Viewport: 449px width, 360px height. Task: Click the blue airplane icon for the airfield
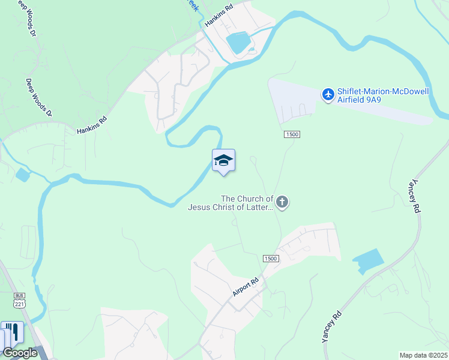[328, 95]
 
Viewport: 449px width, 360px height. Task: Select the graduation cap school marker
[223, 161]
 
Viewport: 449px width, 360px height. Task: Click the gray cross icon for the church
[282, 203]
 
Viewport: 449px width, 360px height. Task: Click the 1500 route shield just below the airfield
[292, 134]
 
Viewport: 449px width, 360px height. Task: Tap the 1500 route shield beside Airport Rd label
[271, 258]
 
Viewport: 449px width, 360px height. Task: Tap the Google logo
[20, 353]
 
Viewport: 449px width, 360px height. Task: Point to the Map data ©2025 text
[423, 355]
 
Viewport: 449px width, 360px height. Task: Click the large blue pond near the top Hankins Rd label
[238, 42]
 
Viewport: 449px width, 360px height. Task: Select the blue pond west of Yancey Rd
[368, 262]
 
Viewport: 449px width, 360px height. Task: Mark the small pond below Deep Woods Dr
[22, 175]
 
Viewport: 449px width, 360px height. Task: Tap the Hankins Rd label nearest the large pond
[218, 15]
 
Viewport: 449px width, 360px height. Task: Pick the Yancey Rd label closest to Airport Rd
[331, 326]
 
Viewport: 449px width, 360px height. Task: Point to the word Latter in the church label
[261, 208]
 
